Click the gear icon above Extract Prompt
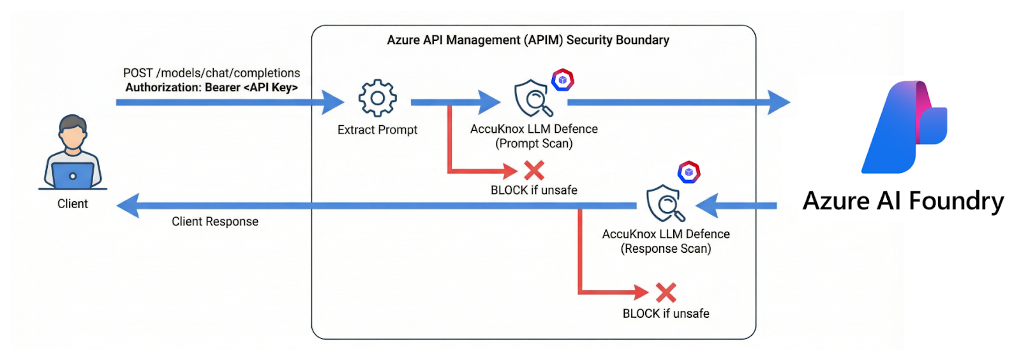click(377, 98)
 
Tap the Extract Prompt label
click(377, 130)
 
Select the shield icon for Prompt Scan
click(533, 98)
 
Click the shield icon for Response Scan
click(665, 203)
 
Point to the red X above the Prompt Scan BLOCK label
click(534, 170)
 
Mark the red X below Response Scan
click(666, 293)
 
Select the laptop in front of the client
click(73, 175)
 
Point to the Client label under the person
click(73, 204)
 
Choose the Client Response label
click(215, 221)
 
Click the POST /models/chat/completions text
click(211, 73)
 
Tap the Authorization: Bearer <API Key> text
click(211, 87)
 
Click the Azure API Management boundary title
click(528, 40)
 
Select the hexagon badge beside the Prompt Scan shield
click(563, 80)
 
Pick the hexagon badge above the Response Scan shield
click(689, 172)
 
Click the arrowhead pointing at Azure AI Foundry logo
click(779, 102)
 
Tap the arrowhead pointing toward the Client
click(128, 206)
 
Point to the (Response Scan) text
click(666, 249)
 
